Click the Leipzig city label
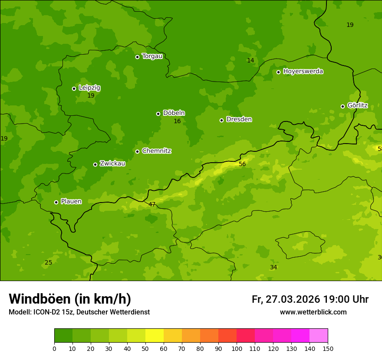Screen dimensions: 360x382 click(89, 88)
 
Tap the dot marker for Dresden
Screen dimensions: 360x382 click(221, 120)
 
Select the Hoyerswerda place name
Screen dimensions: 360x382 click(303, 71)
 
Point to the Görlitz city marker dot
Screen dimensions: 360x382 click(342, 106)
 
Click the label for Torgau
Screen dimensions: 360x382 click(152, 56)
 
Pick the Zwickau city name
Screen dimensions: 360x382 click(112, 164)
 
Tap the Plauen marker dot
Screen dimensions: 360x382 click(56, 202)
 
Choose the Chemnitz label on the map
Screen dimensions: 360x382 click(156, 151)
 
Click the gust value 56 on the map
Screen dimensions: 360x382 click(242, 164)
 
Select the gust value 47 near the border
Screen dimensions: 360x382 click(152, 204)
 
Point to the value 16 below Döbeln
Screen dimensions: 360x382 click(177, 121)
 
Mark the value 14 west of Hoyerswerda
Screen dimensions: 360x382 click(250, 60)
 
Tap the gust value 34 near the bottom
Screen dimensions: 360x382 click(273, 267)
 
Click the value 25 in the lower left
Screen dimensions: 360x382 click(49, 262)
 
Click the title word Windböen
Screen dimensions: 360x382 click(40, 299)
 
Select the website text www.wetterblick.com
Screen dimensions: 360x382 click(313, 312)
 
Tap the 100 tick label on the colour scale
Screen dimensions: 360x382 click(237, 348)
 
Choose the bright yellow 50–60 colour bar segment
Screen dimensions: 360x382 click(155, 336)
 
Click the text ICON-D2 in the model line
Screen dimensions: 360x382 click(47, 312)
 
